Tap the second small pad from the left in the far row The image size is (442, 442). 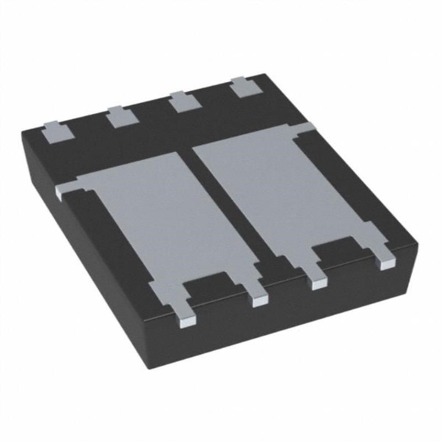pos(121,117)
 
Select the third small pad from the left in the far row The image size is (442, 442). pos(183,102)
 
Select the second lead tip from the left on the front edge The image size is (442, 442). pos(260,299)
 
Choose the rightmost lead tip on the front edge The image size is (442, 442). pos(387,262)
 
